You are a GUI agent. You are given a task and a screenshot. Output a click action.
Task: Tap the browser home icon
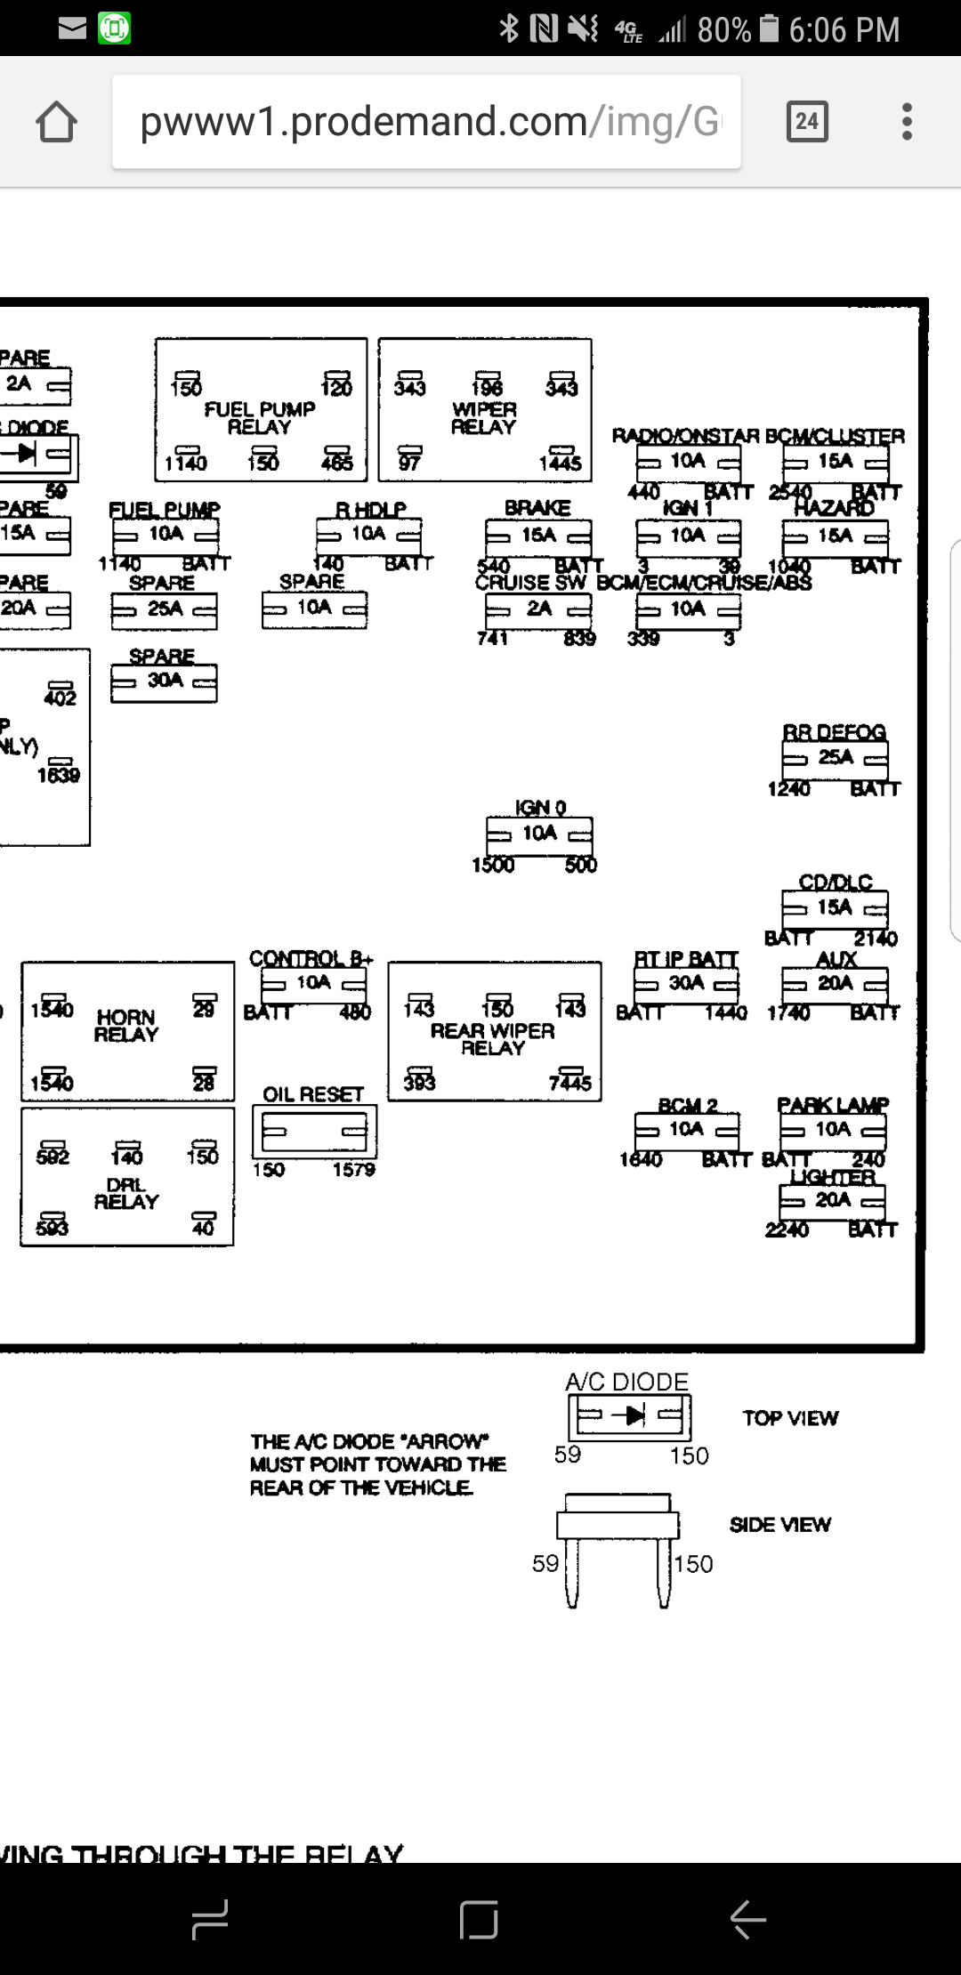[x=56, y=122]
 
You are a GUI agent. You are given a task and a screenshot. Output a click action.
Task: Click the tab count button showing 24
[x=807, y=121]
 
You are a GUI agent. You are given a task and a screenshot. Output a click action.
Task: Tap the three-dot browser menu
[x=907, y=121]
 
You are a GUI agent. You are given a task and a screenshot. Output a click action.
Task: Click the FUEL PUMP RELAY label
[x=260, y=418]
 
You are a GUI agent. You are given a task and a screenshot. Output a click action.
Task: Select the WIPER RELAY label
[x=484, y=418]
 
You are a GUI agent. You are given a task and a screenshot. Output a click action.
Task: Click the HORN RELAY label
[x=126, y=1026]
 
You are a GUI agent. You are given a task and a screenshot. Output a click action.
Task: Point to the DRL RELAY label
[x=126, y=1193]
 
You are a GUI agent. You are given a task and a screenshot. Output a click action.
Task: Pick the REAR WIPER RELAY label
[x=493, y=1039]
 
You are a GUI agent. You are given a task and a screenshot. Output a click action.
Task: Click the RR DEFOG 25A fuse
[x=835, y=758]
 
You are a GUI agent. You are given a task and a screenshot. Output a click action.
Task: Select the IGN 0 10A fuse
[x=539, y=834]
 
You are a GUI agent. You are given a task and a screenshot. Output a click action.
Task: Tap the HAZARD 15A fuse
[x=835, y=536]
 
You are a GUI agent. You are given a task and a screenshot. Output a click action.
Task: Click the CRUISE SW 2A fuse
[x=538, y=609]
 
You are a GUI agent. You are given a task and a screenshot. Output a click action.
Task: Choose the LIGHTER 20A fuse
[x=832, y=1201]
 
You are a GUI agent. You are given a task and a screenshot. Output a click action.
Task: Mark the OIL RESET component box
[x=314, y=1131]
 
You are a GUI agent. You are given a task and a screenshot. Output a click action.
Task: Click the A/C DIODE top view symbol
[x=630, y=1415]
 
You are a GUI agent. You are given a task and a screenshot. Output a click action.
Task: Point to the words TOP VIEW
[x=790, y=1419]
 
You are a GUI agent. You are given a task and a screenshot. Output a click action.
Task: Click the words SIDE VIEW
[x=779, y=1525]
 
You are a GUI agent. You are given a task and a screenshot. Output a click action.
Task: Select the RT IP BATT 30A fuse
[x=686, y=984]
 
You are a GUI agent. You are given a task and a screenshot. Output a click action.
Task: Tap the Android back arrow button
[x=747, y=1919]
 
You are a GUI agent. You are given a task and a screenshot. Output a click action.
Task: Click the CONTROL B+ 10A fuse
[x=313, y=983]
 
